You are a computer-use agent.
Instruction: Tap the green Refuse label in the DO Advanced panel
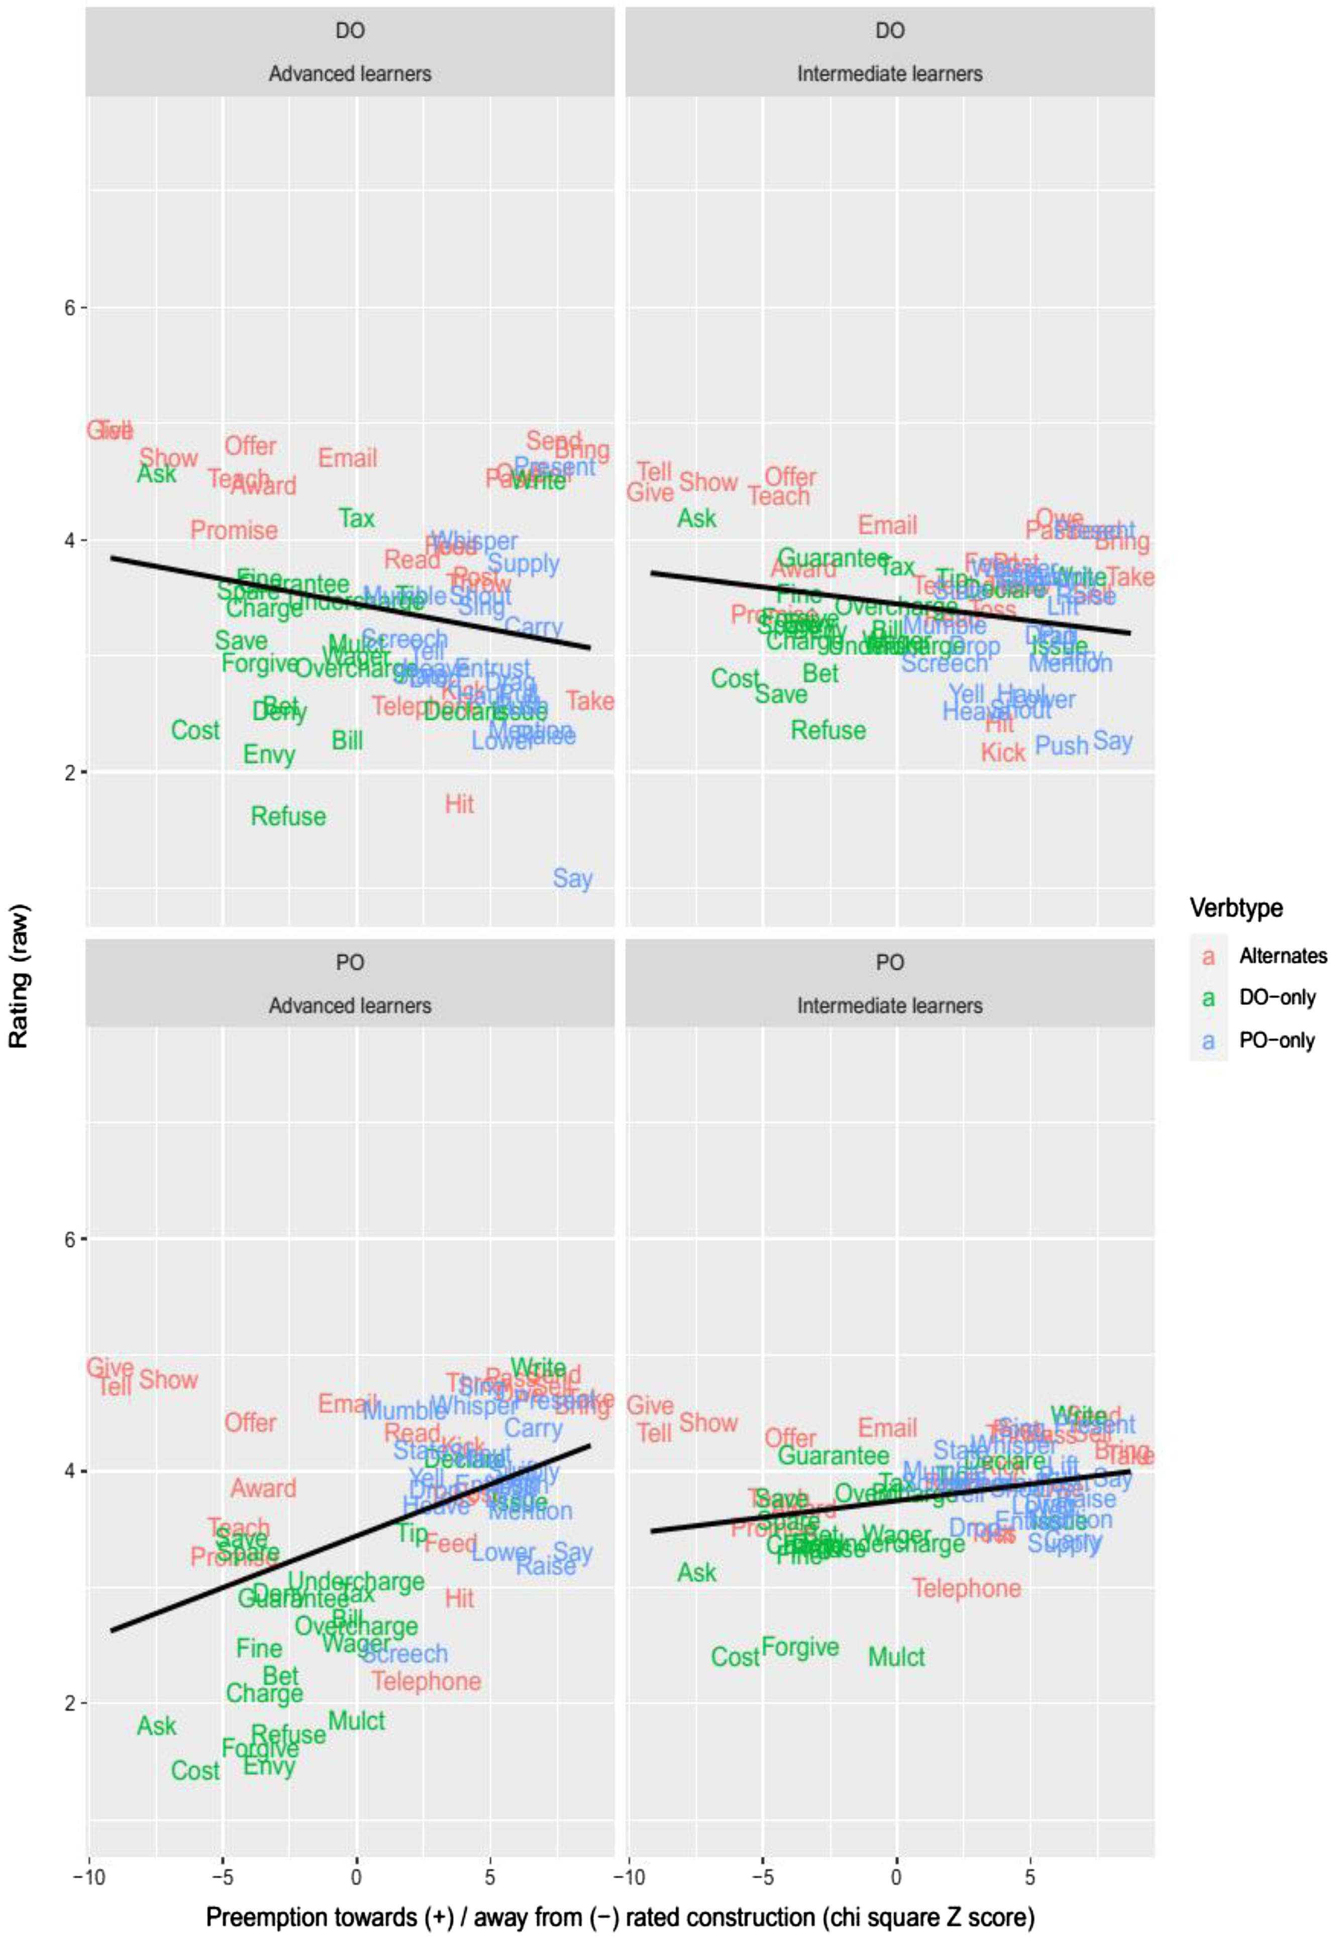288,816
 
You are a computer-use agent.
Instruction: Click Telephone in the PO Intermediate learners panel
966,1588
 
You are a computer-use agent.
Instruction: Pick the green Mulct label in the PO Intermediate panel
896,1657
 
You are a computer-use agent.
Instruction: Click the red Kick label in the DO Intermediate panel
1002,753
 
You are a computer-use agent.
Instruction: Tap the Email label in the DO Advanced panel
348,458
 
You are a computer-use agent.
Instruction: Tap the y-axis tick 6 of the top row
70,307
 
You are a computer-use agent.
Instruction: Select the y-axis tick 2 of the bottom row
70,1702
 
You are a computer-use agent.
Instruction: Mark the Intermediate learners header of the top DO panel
889,73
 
